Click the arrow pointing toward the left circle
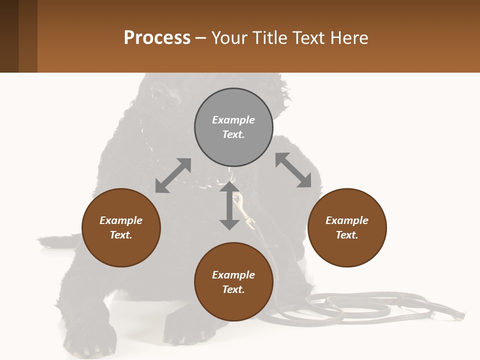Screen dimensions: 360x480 173,175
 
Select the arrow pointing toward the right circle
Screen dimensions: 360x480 293,170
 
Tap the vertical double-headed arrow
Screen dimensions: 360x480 229,205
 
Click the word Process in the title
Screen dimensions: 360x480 157,37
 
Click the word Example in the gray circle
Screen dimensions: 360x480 233,120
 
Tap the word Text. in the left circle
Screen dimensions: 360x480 121,235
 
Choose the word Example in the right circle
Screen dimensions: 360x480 347,220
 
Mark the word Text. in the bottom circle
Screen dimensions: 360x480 233,289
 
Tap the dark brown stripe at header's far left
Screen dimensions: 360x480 9,36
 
